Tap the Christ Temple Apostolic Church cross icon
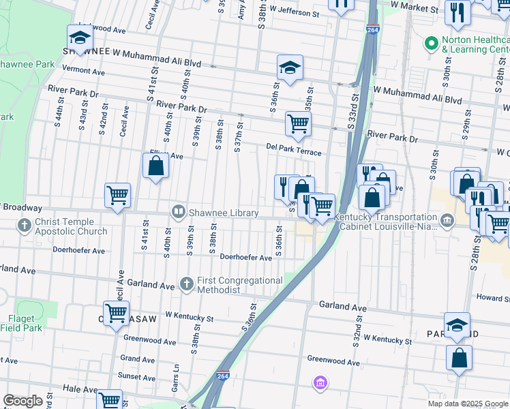pos(25,225)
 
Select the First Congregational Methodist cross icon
pos(187,283)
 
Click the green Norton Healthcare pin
pos(431,44)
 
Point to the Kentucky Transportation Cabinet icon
pos(447,219)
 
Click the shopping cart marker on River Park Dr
pos(298,124)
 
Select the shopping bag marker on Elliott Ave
pos(155,166)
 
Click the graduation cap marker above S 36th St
pos(290,67)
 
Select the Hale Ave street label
pos(81,389)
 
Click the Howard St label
pos(493,298)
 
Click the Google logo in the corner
pos(22,401)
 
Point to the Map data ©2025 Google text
pos(468,404)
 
